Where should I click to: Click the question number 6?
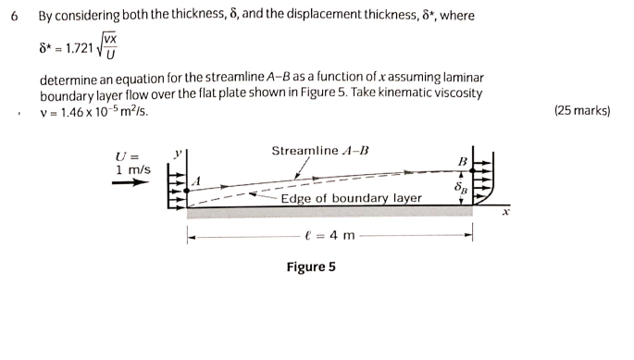click(11, 16)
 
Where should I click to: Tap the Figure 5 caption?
click(311, 267)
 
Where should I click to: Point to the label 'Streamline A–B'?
click(319, 151)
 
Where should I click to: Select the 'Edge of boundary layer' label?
click(351, 198)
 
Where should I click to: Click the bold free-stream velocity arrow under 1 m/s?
click(130, 183)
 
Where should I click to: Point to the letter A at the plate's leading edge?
click(196, 180)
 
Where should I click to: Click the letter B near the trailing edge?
click(463, 161)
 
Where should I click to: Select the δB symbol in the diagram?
click(459, 189)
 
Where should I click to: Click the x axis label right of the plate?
click(506, 212)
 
